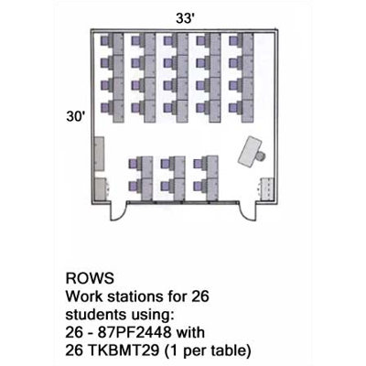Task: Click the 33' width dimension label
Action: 186,18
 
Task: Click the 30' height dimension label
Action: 76,116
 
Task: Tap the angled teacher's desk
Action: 250,152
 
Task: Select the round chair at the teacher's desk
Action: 261,156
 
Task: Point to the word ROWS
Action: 90,278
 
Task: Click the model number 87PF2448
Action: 135,332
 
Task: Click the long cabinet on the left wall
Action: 99,154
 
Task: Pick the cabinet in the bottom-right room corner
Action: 267,189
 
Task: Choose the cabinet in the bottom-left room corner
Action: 101,189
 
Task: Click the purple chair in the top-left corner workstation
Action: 105,41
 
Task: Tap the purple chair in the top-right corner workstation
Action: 234,41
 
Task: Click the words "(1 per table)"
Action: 208,351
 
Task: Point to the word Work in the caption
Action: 81,296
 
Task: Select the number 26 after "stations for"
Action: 200,296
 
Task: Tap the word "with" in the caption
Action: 192,332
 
